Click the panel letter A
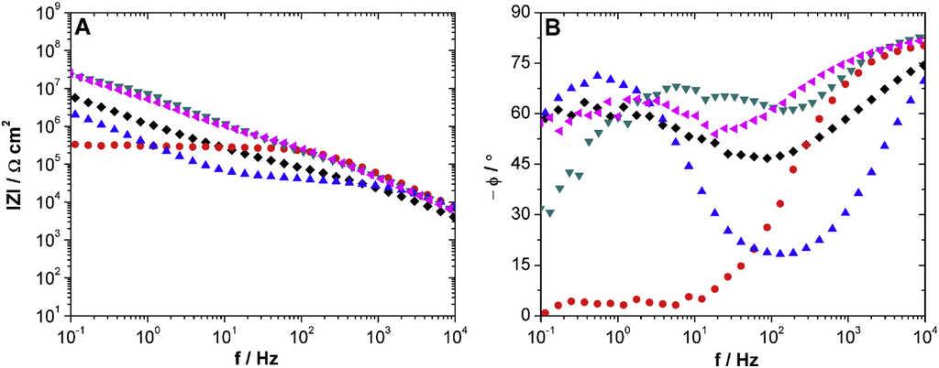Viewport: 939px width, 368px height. tap(83, 27)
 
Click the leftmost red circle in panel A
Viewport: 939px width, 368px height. tap(74, 145)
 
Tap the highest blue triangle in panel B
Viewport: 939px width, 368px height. tap(598, 75)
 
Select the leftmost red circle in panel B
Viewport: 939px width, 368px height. tap(545, 313)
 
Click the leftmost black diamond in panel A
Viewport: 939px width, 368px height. tap(74, 97)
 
